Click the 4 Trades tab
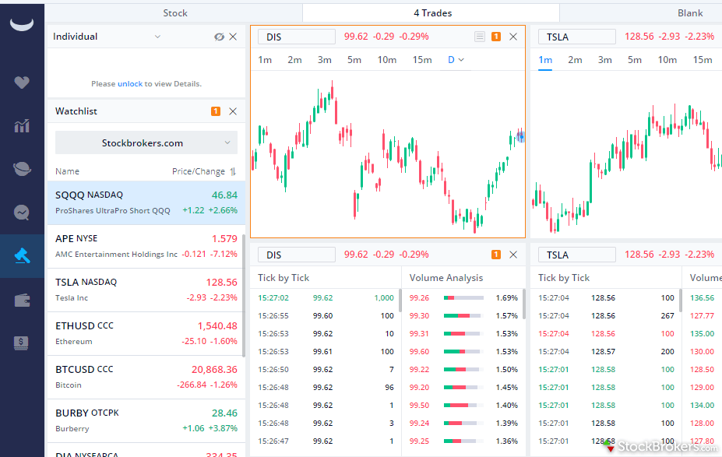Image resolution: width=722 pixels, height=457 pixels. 432,13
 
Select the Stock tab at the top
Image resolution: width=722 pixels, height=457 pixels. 175,13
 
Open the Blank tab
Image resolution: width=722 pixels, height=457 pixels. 689,13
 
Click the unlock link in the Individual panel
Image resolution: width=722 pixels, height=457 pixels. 130,84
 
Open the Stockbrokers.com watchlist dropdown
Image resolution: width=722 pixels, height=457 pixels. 146,143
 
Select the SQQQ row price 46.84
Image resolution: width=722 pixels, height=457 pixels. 224,195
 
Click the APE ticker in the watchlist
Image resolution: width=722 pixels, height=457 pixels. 65,238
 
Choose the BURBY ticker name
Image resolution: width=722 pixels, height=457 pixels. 71,413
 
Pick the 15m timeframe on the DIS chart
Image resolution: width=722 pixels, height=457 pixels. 422,60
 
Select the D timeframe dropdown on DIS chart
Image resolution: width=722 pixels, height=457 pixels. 456,60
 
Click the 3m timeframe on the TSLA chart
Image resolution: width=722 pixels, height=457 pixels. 604,60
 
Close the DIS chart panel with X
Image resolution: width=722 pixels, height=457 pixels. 512,37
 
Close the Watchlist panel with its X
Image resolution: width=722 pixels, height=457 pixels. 232,111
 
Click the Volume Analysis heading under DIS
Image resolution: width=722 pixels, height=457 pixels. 446,278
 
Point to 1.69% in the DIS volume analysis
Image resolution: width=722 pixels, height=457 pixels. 506,297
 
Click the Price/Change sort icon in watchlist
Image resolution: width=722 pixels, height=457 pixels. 232,171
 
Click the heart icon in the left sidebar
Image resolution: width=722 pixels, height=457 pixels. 22,83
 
